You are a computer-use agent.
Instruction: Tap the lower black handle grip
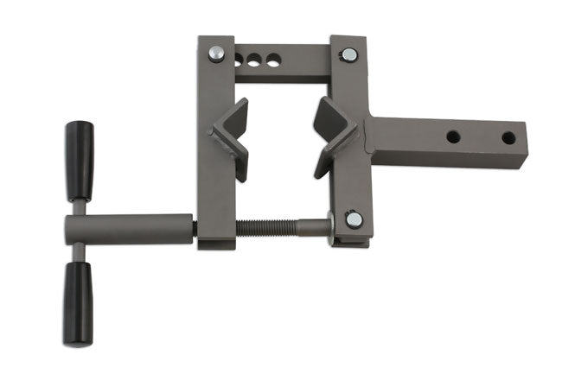pyautogui.click(x=77, y=291)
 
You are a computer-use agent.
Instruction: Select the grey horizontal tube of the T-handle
pyautogui.click(x=130, y=228)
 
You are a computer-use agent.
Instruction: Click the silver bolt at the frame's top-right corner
pyautogui.click(x=348, y=55)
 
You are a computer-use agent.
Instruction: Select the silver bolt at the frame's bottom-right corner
pyautogui.click(x=353, y=219)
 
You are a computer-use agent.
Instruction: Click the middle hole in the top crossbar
pyautogui.click(x=257, y=61)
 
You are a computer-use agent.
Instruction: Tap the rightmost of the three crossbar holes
pyautogui.click(x=273, y=61)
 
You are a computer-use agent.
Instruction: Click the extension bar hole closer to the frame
pyautogui.click(x=452, y=136)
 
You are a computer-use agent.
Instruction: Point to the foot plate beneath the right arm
pyautogui.click(x=348, y=241)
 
